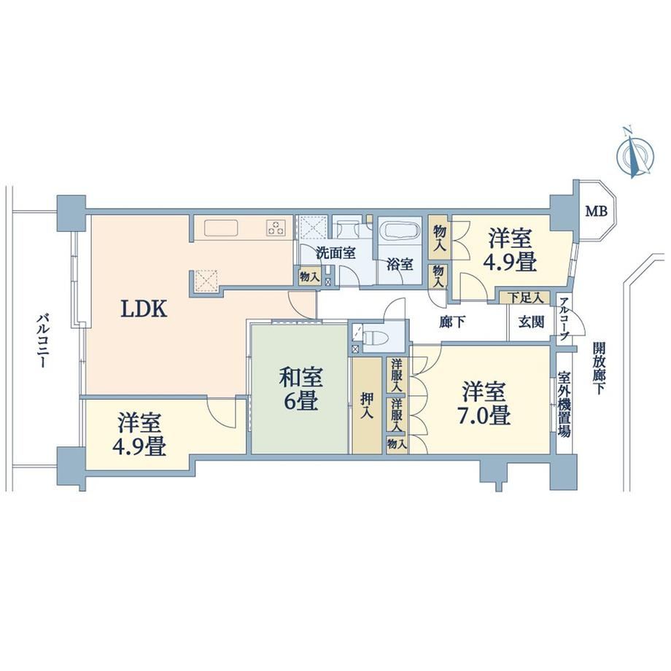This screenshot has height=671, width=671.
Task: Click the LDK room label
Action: click(x=144, y=309)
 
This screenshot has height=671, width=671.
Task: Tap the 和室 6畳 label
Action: click(x=300, y=389)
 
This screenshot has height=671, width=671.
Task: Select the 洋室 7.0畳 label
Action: click(x=484, y=403)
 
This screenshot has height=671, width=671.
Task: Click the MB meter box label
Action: click(x=597, y=211)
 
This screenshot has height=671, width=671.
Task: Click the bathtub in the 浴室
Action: click(x=401, y=231)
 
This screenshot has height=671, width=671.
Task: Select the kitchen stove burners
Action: click(x=276, y=228)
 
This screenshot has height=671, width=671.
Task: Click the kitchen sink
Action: click(x=221, y=228)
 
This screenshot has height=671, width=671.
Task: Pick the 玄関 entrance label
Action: click(x=532, y=322)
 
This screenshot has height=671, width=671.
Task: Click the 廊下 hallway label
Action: click(x=452, y=322)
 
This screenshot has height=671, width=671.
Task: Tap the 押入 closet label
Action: click(x=367, y=406)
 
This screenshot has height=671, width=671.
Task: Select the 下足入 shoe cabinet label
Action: click(x=524, y=297)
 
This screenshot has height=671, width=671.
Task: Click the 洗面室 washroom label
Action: click(x=336, y=253)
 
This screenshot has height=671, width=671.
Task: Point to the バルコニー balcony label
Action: click(x=42, y=341)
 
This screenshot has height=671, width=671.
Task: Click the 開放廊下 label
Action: click(x=599, y=368)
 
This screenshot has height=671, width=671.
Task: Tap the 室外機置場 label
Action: click(x=564, y=403)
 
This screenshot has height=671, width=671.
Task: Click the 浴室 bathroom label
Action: click(x=400, y=265)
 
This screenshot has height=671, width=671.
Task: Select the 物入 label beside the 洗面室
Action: click(x=309, y=276)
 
